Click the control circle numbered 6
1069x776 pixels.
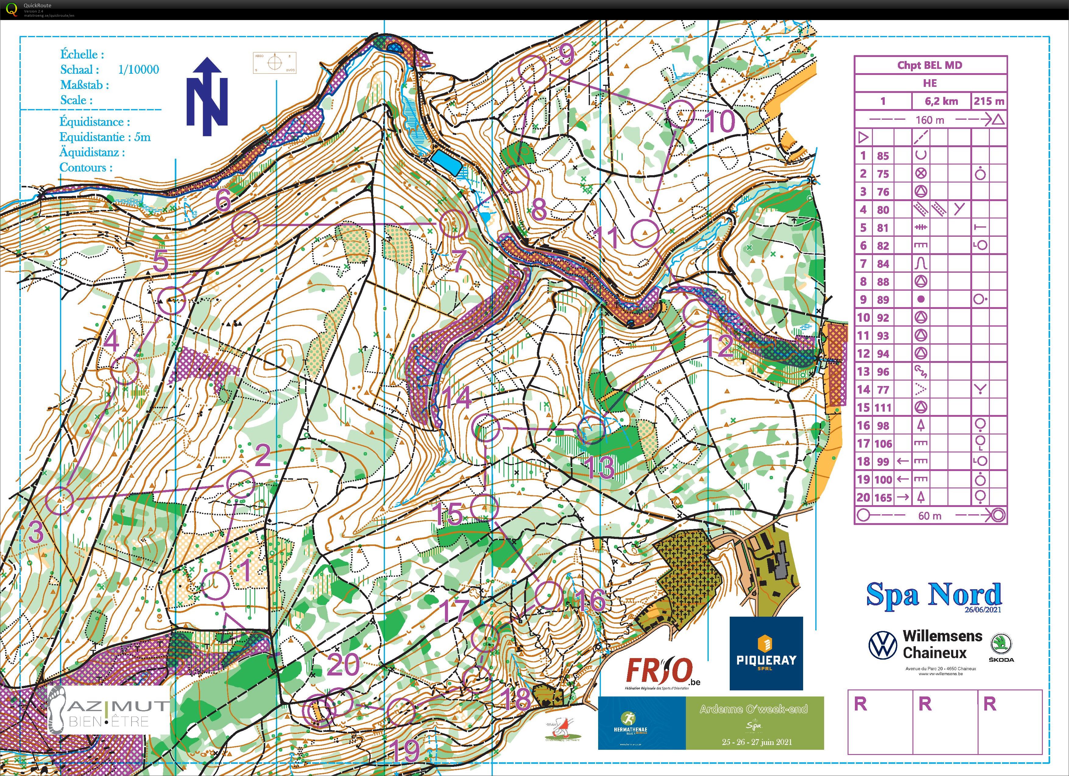click(245, 225)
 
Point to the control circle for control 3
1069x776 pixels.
click(60, 501)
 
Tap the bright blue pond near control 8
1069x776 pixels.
click(445, 162)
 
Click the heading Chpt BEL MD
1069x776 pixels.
click(930, 65)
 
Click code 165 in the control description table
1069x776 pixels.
click(883, 497)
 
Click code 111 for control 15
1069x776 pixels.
click(883, 407)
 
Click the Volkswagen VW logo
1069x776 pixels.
click(882, 645)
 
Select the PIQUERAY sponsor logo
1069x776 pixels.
click(766, 653)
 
